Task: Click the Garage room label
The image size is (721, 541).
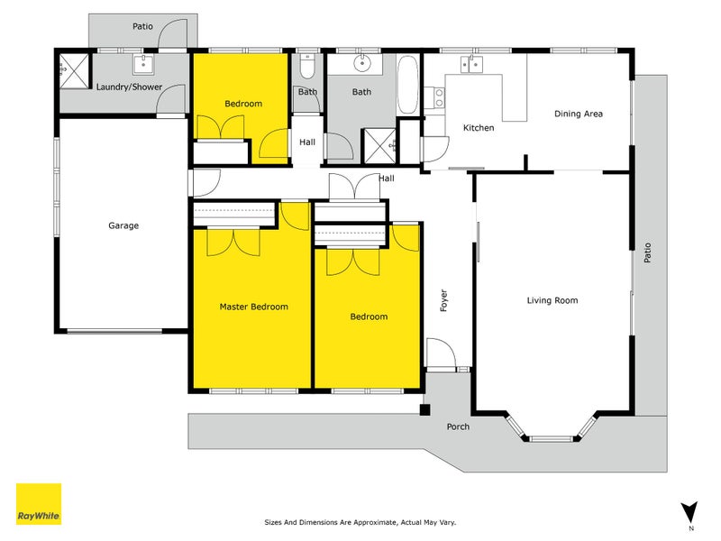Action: (123, 225)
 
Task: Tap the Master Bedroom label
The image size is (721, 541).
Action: (254, 307)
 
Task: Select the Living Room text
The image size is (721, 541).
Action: (552, 300)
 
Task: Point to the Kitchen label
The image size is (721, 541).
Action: (479, 128)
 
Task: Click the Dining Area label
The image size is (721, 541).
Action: (578, 114)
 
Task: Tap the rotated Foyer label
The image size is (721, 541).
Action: (443, 300)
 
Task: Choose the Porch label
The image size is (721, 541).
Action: (458, 426)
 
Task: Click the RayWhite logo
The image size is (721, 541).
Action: (39, 504)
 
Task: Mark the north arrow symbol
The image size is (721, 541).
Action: (690, 510)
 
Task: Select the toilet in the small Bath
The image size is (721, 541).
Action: (307, 69)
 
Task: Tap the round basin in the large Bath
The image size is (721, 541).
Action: (362, 64)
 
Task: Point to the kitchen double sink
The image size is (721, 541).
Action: (470, 63)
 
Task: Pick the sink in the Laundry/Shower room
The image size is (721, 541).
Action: (143, 64)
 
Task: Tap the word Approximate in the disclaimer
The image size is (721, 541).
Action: (372, 522)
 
